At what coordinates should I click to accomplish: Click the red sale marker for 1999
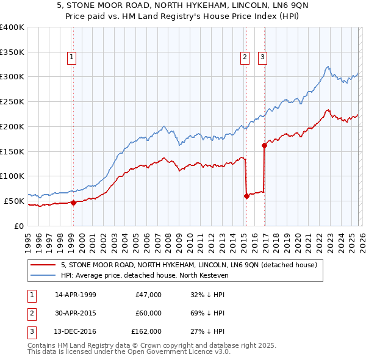(x=73, y=203)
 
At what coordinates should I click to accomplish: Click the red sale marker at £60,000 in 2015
(x=246, y=196)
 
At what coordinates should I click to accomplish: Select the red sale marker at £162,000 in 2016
(x=264, y=145)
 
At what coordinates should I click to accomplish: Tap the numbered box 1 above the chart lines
(x=72, y=58)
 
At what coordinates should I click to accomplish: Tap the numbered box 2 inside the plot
(x=245, y=58)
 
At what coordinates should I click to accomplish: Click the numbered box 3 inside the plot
(x=263, y=58)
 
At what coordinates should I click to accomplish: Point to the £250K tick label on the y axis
(x=12, y=101)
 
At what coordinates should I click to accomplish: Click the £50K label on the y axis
(x=14, y=201)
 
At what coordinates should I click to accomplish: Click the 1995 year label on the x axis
(x=28, y=238)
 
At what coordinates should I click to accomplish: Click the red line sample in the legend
(x=43, y=265)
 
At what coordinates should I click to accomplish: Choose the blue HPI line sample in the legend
(x=43, y=276)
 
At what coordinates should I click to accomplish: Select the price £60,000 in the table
(x=148, y=313)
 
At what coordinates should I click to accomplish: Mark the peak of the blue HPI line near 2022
(x=328, y=67)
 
